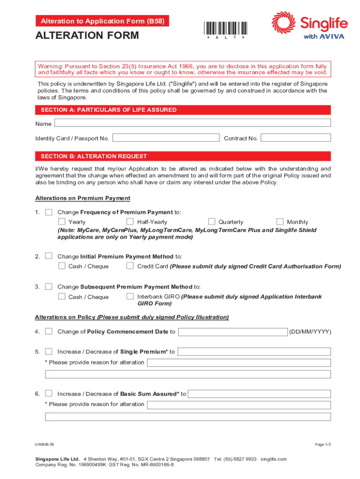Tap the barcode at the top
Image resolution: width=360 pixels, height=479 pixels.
pyautogui.click(x=225, y=28)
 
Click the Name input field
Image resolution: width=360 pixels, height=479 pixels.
pyautogui.click(x=193, y=123)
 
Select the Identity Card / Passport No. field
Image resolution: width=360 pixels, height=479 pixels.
pyautogui.click(x=166, y=138)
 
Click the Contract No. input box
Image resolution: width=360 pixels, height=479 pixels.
pyautogui.click(x=295, y=138)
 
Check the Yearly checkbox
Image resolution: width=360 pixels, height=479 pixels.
pyautogui.click(x=62, y=222)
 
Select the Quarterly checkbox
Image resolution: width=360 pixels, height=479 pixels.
pyautogui.click(x=211, y=222)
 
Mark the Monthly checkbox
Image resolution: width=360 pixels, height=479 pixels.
pyautogui.click(x=280, y=222)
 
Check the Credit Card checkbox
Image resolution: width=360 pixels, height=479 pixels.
pyautogui.click(x=130, y=266)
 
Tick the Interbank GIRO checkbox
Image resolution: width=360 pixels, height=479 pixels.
pyautogui.click(x=130, y=297)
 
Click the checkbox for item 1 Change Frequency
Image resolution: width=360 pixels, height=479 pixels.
pyautogui.click(x=49, y=212)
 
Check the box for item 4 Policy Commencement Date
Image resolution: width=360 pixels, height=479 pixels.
pyautogui.click(x=49, y=332)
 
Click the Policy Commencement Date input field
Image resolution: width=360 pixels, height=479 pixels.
pyautogui.click(x=233, y=332)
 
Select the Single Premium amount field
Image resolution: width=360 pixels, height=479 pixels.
pyautogui.click(x=254, y=352)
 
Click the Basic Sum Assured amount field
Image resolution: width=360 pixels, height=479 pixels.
pyautogui.click(x=259, y=394)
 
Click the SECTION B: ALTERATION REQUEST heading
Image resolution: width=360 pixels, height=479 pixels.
pyautogui.click(x=94, y=156)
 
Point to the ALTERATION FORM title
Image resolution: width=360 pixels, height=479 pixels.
pyautogui.click(x=87, y=36)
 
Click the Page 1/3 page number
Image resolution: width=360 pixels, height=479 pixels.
pyautogui.click(x=323, y=444)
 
